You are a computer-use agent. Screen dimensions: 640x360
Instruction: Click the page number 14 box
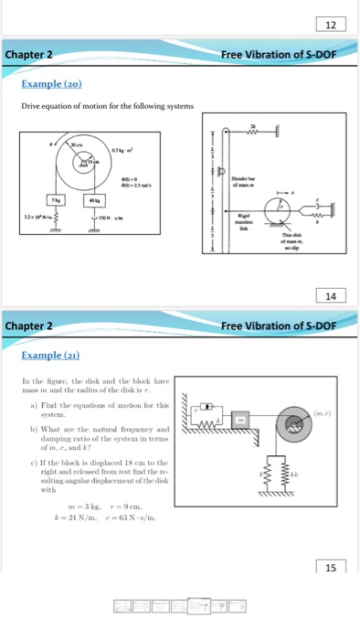(x=330, y=294)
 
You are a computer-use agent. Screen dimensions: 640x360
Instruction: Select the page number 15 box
(x=330, y=566)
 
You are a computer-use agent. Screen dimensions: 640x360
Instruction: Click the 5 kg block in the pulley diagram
(x=57, y=198)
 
